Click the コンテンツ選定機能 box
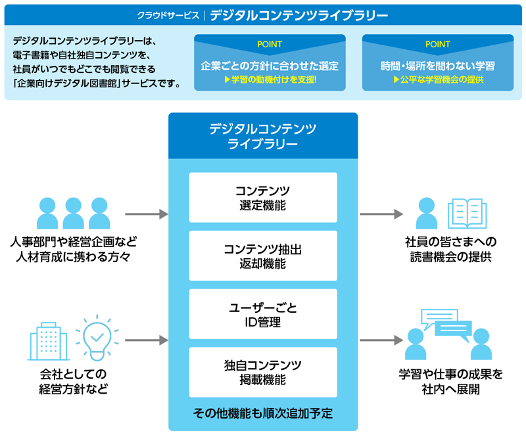pyautogui.click(x=263, y=197)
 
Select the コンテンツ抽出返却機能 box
pyautogui.click(x=263, y=256)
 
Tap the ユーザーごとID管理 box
pyautogui.click(x=263, y=314)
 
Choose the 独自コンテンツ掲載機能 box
pyautogui.click(x=263, y=372)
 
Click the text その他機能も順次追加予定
pyautogui.click(x=263, y=414)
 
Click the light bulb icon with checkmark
pyautogui.click(x=97, y=338)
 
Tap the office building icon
pyautogui.click(x=49, y=340)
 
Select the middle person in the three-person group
pyautogui.click(x=74, y=212)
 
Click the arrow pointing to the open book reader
pyautogui.click(x=381, y=214)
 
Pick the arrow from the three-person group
pyautogui.click(x=146, y=214)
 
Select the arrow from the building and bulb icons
pyautogui.click(x=146, y=340)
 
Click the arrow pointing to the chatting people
pyautogui.click(x=381, y=340)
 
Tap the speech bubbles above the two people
pyautogui.click(x=447, y=324)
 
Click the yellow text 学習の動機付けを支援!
pyautogui.click(x=270, y=80)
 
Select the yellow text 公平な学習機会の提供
pyautogui.click(x=438, y=80)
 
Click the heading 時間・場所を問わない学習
pyautogui.click(x=438, y=66)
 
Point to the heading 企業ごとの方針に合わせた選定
pyautogui.click(x=270, y=66)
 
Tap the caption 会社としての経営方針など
pyautogui.click(x=72, y=382)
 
